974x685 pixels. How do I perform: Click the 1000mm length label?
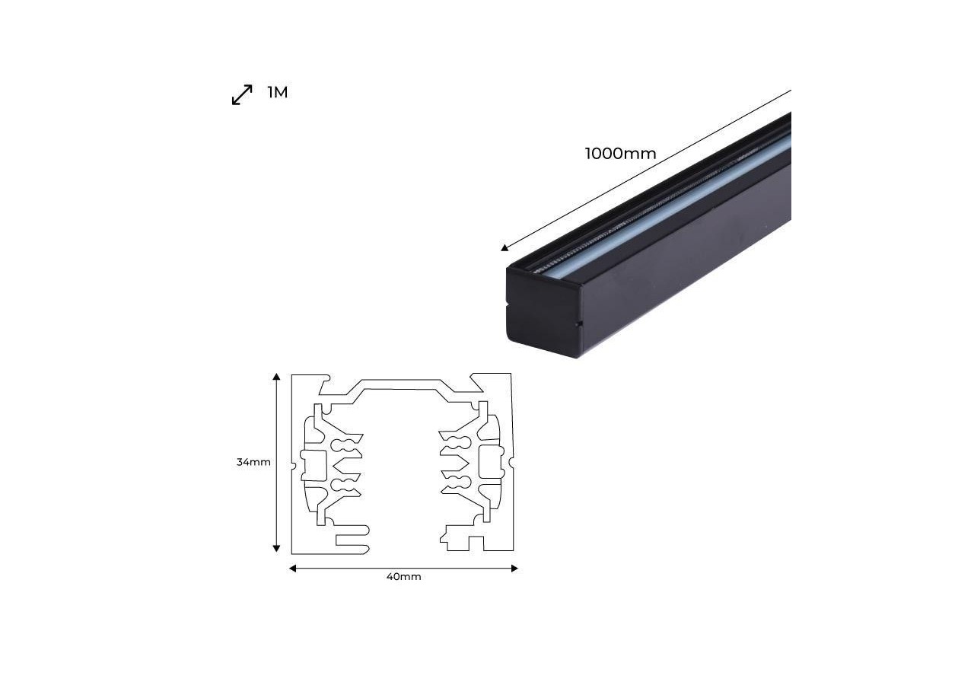click(620, 154)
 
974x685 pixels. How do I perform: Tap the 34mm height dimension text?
click(253, 462)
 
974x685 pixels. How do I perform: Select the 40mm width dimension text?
click(403, 577)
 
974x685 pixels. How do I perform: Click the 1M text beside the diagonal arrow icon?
click(278, 93)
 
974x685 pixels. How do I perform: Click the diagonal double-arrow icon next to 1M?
click(242, 95)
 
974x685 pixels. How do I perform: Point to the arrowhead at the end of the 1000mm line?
click(505, 247)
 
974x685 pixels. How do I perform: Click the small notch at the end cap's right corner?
click(579, 325)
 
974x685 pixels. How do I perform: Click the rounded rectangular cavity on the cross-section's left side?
click(314, 464)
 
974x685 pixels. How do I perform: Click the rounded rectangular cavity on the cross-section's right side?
click(491, 461)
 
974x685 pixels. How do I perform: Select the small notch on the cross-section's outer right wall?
click(511, 461)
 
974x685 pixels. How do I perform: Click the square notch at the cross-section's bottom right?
click(476, 543)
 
